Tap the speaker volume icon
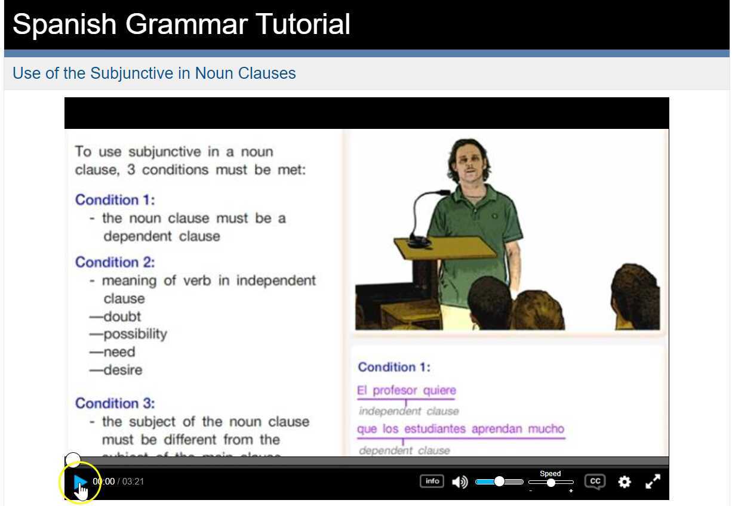[459, 482]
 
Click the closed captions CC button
[595, 482]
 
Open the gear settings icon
[624, 482]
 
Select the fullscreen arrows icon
[653, 482]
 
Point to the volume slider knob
[499, 482]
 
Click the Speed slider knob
[551, 482]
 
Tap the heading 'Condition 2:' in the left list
[115, 262]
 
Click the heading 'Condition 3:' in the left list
[115, 403]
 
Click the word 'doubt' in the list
[122, 316]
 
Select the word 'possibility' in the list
[135, 334]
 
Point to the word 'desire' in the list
[123, 370]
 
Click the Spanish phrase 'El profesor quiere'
[406, 390]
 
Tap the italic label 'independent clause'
[409, 411]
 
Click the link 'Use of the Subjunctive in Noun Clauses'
[154, 73]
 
